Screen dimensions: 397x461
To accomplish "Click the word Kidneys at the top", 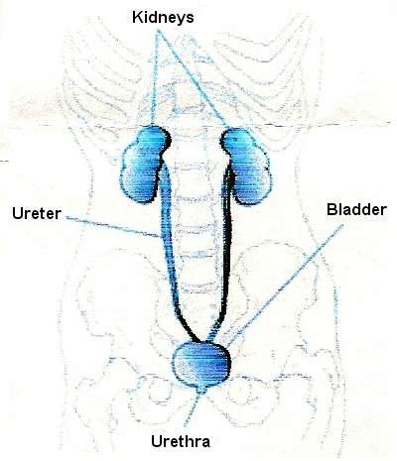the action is [x=163, y=17].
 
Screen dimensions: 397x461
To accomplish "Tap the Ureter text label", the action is [x=37, y=213].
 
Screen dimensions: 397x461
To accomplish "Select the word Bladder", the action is [x=356, y=209].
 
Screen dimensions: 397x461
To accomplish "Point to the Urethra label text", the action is [x=181, y=441].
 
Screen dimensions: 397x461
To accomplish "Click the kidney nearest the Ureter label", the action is [x=145, y=164].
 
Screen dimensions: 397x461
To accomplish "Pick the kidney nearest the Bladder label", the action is [x=246, y=166].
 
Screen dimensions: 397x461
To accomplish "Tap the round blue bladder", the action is [x=201, y=364].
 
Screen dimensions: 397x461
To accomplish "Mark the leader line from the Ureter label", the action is [x=113, y=227].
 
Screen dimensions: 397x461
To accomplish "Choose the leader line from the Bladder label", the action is [x=285, y=286].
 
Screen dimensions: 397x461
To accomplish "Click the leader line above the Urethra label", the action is [x=192, y=409].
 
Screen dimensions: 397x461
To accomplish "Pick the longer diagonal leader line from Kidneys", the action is [x=193, y=78].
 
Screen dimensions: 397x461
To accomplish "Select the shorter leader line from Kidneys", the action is [x=155, y=77].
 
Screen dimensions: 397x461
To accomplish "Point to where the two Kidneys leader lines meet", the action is [x=159, y=31].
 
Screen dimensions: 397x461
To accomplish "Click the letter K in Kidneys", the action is [x=137, y=17].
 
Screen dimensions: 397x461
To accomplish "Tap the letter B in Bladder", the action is [x=332, y=210].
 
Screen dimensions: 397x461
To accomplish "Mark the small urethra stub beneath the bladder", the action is [x=201, y=390].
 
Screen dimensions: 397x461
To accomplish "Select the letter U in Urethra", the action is [x=157, y=441].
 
